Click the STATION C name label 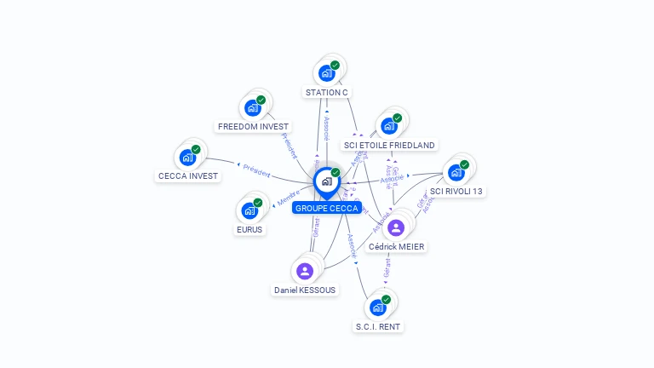[x=327, y=92]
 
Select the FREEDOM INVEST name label [x=253, y=126]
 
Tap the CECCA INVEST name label [x=188, y=176]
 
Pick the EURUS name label [x=250, y=229]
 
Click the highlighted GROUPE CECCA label [x=326, y=208]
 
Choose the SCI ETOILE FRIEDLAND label [x=389, y=145]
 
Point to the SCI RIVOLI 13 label [x=456, y=191]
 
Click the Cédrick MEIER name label [x=396, y=247]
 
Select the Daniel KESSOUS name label [x=305, y=290]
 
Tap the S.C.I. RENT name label [x=378, y=326]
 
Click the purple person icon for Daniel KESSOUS [x=305, y=271]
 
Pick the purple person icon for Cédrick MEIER [x=396, y=227]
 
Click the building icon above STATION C [x=326, y=73]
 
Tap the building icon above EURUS [x=250, y=210]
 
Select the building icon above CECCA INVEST [x=186, y=158]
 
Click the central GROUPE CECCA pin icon [x=326, y=181]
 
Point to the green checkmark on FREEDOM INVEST [x=261, y=100]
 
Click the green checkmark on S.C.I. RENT [x=386, y=300]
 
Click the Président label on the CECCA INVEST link [x=256, y=170]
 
